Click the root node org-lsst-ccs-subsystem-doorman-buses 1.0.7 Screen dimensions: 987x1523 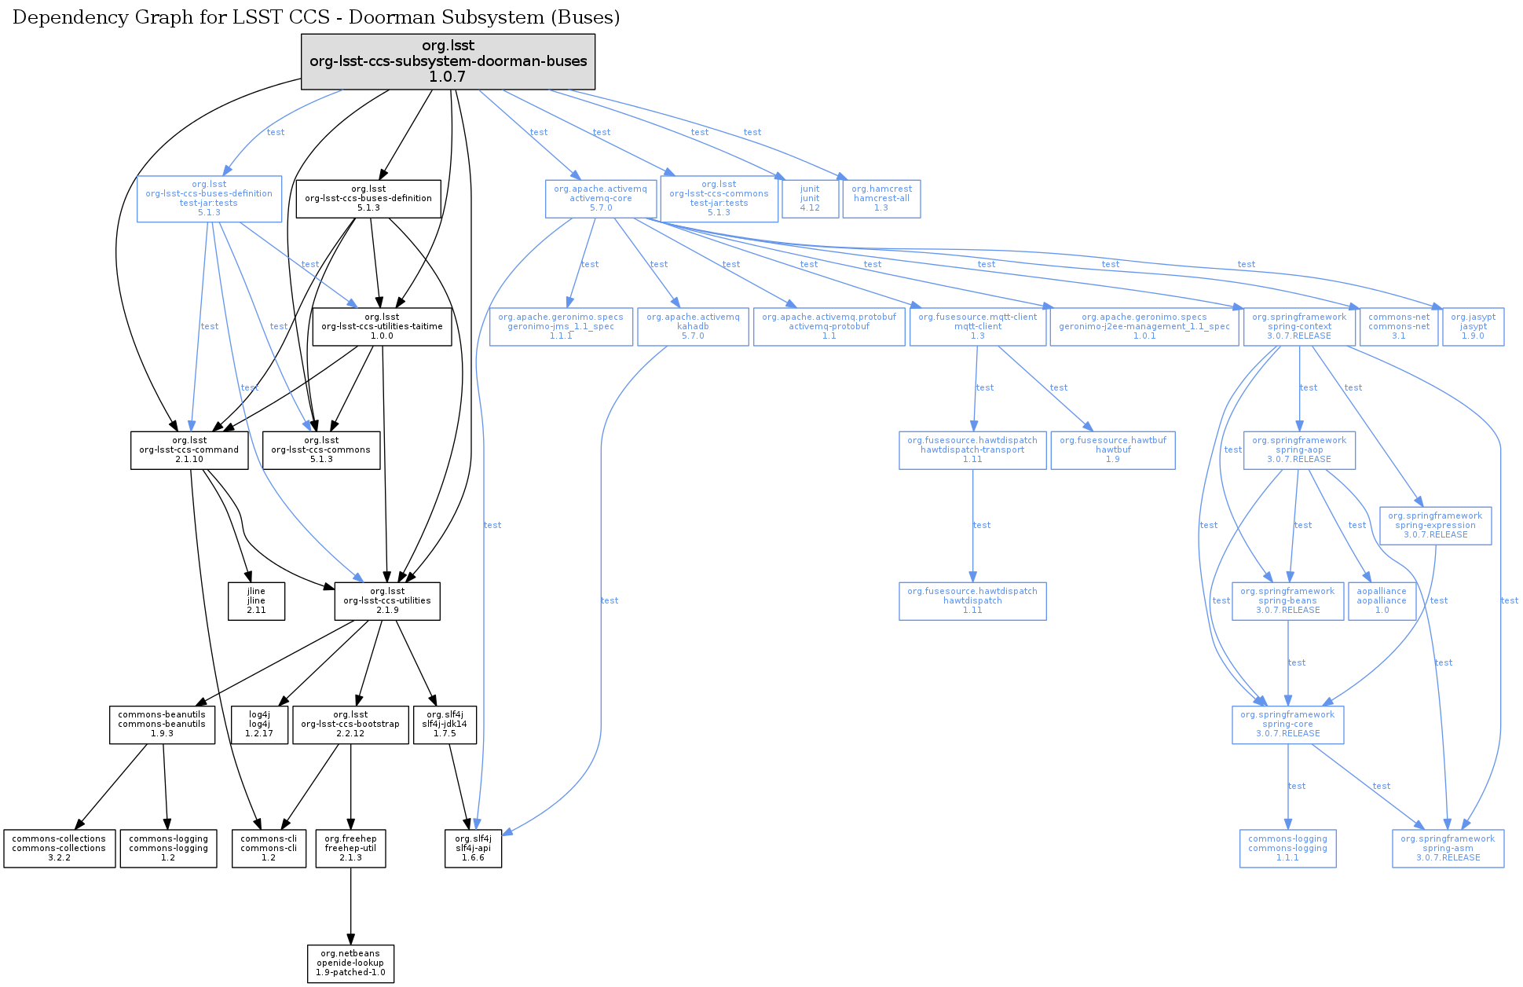coord(448,61)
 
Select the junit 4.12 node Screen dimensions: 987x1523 coord(810,199)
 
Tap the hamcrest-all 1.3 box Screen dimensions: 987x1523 coord(881,199)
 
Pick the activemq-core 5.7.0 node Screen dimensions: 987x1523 coord(600,199)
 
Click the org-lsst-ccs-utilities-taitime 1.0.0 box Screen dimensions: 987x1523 coord(382,327)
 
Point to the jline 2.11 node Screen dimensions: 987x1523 coord(256,601)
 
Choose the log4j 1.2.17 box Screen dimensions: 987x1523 coord(259,725)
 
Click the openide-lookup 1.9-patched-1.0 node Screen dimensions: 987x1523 coord(350,963)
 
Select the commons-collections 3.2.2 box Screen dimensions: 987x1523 coord(59,849)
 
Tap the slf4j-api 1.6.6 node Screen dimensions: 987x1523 coord(473,849)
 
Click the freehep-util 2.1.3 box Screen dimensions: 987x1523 coord(350,849)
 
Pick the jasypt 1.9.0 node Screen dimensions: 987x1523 coord(1473,327)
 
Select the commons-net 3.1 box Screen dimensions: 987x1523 coord(1398,327)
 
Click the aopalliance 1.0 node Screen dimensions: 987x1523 coord(1382,601)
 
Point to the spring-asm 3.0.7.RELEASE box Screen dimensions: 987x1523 coord(1448,849)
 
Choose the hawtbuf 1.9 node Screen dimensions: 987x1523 coord(1113,450)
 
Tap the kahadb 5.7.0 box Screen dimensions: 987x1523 coord(693,327)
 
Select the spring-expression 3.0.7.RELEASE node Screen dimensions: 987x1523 coord(1435,526)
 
